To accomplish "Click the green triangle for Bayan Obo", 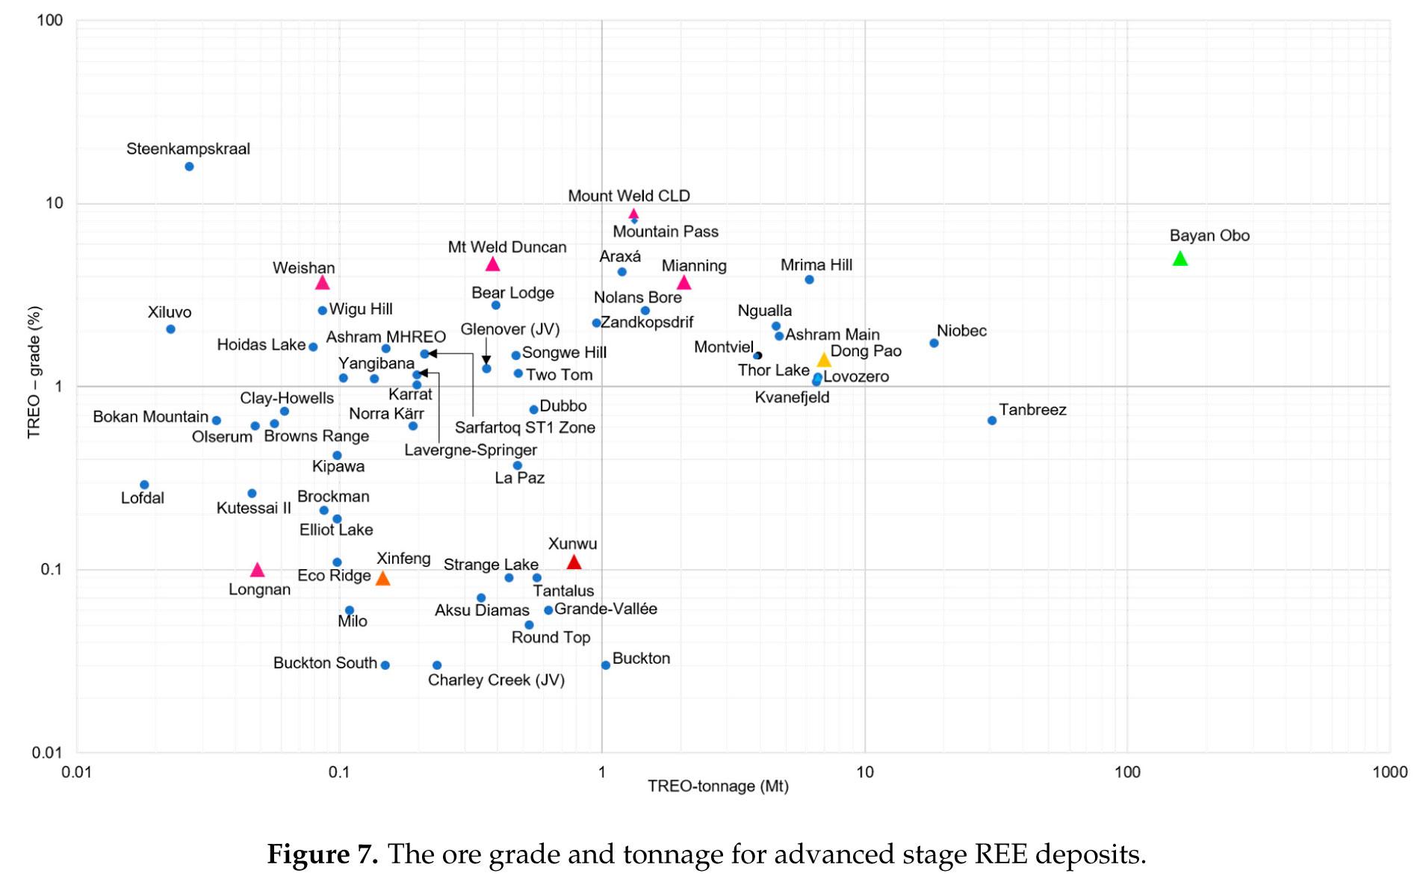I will tap(1179, 258).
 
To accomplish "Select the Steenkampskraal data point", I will tap(189, 167).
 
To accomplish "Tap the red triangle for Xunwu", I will tap(574, 562).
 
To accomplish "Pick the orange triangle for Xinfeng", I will tap(382, 578).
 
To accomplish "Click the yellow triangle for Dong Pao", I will tap(824, 360).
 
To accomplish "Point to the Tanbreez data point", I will tap(992, 420).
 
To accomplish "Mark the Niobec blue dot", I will tap(934, 343).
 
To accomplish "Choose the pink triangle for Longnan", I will tap(258, 570).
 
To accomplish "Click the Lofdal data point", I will tap(144, 485).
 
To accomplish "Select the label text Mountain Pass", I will tap(666, 232).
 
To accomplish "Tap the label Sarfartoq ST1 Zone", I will tap(525, 428).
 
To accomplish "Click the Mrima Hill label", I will tap(816, 265).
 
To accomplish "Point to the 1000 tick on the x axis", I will tap(1389, 772).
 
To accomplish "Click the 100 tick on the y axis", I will tap(50, 20).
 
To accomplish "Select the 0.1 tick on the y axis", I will tap(50, 569).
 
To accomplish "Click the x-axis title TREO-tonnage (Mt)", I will tap(718, 786).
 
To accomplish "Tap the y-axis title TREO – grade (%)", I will tap(34, 372).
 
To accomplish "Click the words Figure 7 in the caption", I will tap(322, 854).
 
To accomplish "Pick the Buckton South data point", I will tap(385, 665).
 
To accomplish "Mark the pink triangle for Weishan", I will tap(322, 282).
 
